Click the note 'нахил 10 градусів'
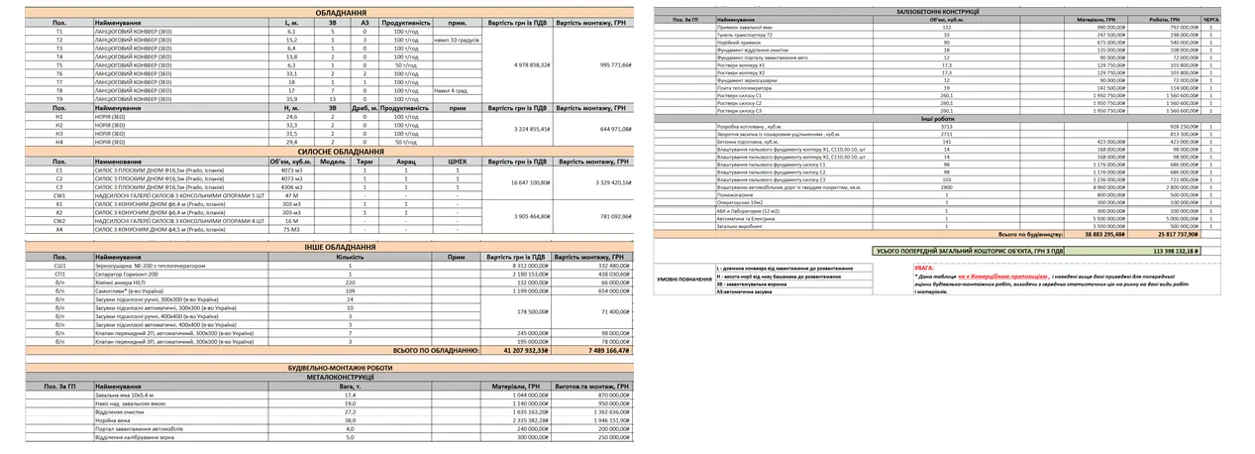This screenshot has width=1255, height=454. [x=456, y=40]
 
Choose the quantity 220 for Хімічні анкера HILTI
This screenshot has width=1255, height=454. [x=351, y=282]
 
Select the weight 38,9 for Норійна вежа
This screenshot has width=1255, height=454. [x=350, y=420]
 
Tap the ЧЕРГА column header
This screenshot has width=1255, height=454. [x=1210, y=19]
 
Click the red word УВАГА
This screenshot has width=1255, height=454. [x=925, y=267]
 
